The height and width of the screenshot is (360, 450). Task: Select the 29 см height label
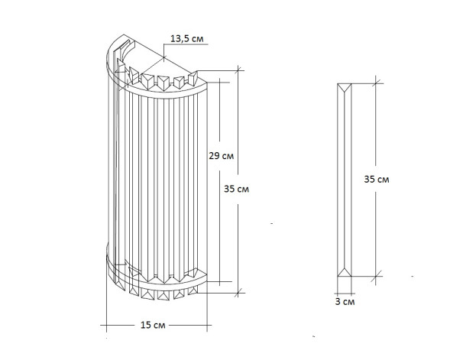tap(220, 156)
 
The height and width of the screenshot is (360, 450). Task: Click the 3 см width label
tap(345, 303)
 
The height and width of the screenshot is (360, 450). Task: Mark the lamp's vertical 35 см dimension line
tap(237, 229)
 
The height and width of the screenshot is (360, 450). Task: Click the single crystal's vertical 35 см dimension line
tap(376, 222)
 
